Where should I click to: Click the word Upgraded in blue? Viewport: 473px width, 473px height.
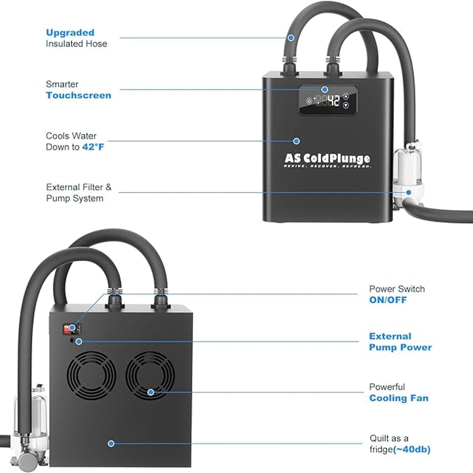click(x=70, y=33)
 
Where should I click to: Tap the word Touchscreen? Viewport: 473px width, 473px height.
click(x=79, y=96)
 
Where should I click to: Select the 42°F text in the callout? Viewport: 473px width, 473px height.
click(x=93, y=147)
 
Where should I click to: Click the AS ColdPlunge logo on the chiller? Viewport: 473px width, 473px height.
click(x=327, y=160)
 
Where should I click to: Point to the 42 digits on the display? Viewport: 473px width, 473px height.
click(x=333, y=100)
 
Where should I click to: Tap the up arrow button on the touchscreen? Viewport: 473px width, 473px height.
click(x=346, y=96)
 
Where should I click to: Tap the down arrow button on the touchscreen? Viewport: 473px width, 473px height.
click(x=346, y=105)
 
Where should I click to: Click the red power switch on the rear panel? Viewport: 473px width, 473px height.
click(x=67, y=329)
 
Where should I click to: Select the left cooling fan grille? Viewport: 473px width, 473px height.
click(x=91, y=375)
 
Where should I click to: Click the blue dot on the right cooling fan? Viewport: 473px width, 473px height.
click(x=150, y=392)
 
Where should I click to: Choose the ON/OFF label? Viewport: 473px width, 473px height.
click(x=388, y=300)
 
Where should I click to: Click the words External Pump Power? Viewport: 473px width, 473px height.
click(x=400, y=342)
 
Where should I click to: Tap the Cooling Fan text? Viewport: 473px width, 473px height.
click(x=399, y=398)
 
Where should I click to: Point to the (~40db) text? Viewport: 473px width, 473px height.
click(x=412, y=449)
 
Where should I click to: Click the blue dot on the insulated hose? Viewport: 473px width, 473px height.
click(x=291, y=38)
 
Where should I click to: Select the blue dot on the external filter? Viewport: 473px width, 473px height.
click(x=409, y=193)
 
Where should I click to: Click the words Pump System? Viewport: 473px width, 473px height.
click(x=75, y=199)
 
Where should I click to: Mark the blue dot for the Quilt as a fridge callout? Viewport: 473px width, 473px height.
click(x=111, y=444)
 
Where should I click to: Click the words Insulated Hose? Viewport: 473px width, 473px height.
click(x=76, y=44)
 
